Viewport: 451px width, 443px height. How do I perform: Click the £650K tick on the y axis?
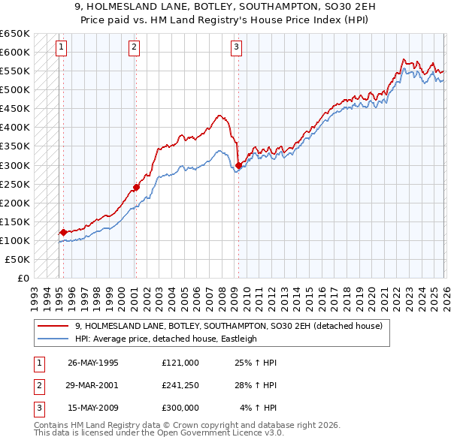[15, 34]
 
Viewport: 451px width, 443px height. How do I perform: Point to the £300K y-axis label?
[15, 165]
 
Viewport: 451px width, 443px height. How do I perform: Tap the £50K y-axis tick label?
[18, 259]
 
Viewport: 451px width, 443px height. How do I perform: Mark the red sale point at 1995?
[63, 232]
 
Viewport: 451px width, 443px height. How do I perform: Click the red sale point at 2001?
[136, 187]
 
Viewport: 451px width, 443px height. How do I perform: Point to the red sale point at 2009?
[238, 165]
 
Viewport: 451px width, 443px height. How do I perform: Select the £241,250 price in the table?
[180, 384]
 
